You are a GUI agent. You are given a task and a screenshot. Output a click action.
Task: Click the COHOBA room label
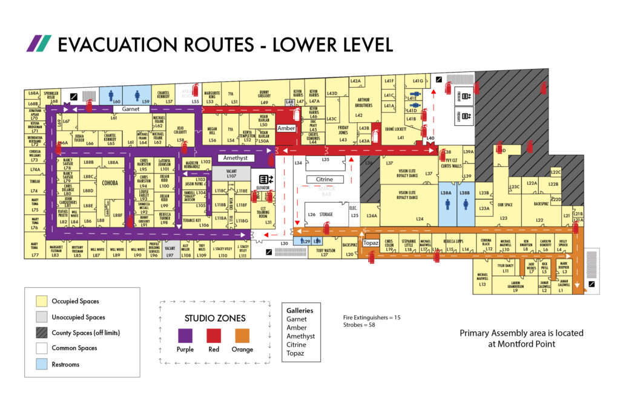click(x=110, y=182)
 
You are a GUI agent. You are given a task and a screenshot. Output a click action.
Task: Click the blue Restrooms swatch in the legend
click(x=41, y=365)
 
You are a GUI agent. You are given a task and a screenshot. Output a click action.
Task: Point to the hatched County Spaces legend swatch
click(x=41, y=333)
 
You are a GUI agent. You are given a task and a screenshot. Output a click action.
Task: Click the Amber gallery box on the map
click(x=286, y=129)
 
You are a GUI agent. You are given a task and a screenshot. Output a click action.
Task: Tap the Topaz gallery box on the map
click(x=371, y=243)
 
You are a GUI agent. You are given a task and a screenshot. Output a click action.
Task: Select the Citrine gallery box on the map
click(x=325, y=180)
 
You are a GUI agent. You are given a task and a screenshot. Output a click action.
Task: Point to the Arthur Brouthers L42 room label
click(x=363, y=106)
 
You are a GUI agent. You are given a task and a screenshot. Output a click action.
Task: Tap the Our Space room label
click(x=505, y=204)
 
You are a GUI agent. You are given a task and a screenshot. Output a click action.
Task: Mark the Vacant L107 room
click(x=231, y=174)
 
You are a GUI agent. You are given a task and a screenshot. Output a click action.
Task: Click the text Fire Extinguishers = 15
click(x=371, y=317)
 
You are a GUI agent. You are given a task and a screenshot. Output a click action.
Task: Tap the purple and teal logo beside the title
click(x=38, y=44)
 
